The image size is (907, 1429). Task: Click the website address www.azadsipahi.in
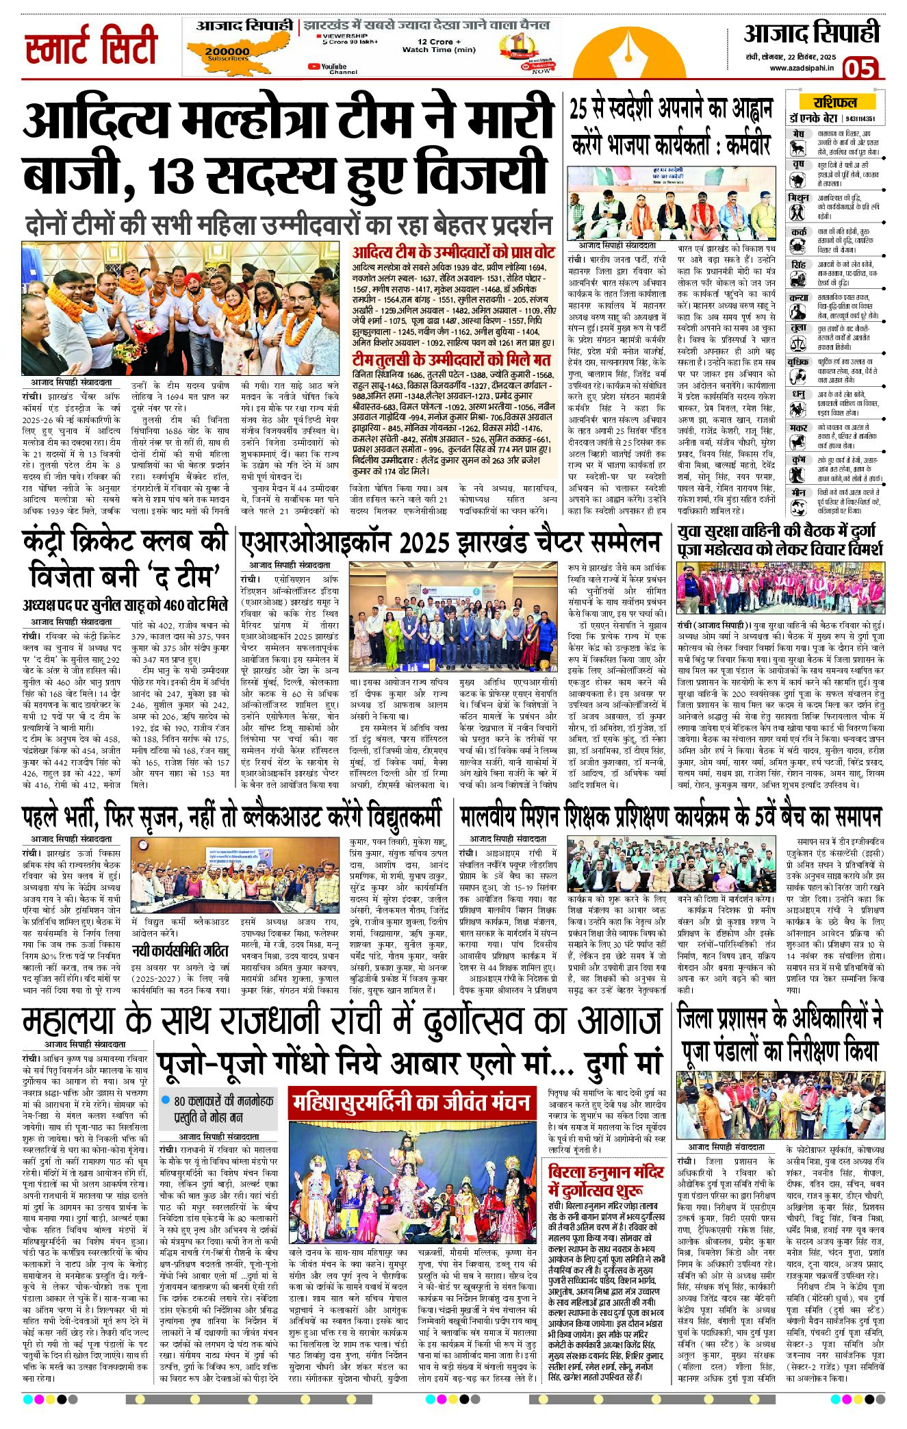click(x=801, y=68)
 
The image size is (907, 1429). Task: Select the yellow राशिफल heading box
click(x=834, y=103)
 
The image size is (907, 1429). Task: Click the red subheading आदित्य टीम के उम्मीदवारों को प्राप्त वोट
click(x=453, y=251)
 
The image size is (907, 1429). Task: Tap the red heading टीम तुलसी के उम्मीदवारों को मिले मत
click(x=451, y=360)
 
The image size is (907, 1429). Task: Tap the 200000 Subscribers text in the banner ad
click(x=227, y=53)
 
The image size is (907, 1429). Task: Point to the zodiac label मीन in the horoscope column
click(x=797, y=492)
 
